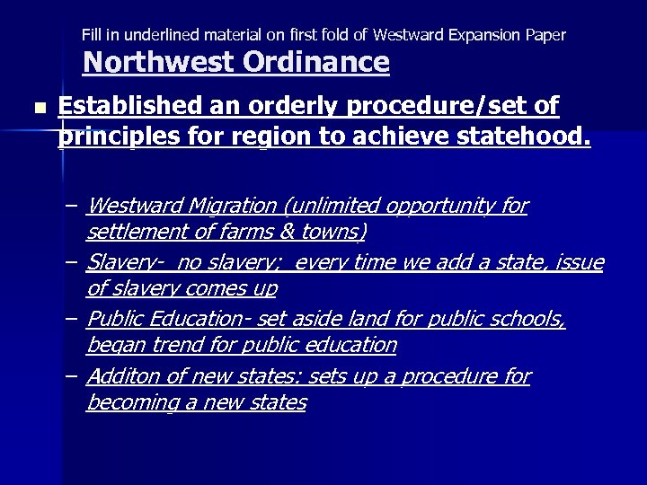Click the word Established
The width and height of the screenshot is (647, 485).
click(x=136, y=108)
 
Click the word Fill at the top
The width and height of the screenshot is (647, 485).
click(x=93, y=35)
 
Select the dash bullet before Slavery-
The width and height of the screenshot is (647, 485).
click(x=71, y=263)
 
